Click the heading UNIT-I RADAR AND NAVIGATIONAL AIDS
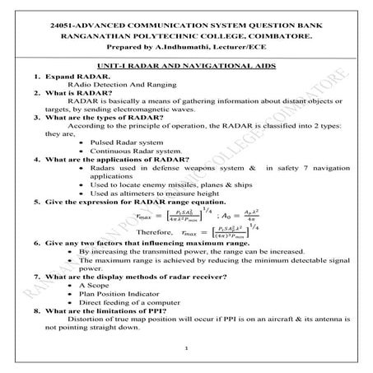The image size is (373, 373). [186, 64]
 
